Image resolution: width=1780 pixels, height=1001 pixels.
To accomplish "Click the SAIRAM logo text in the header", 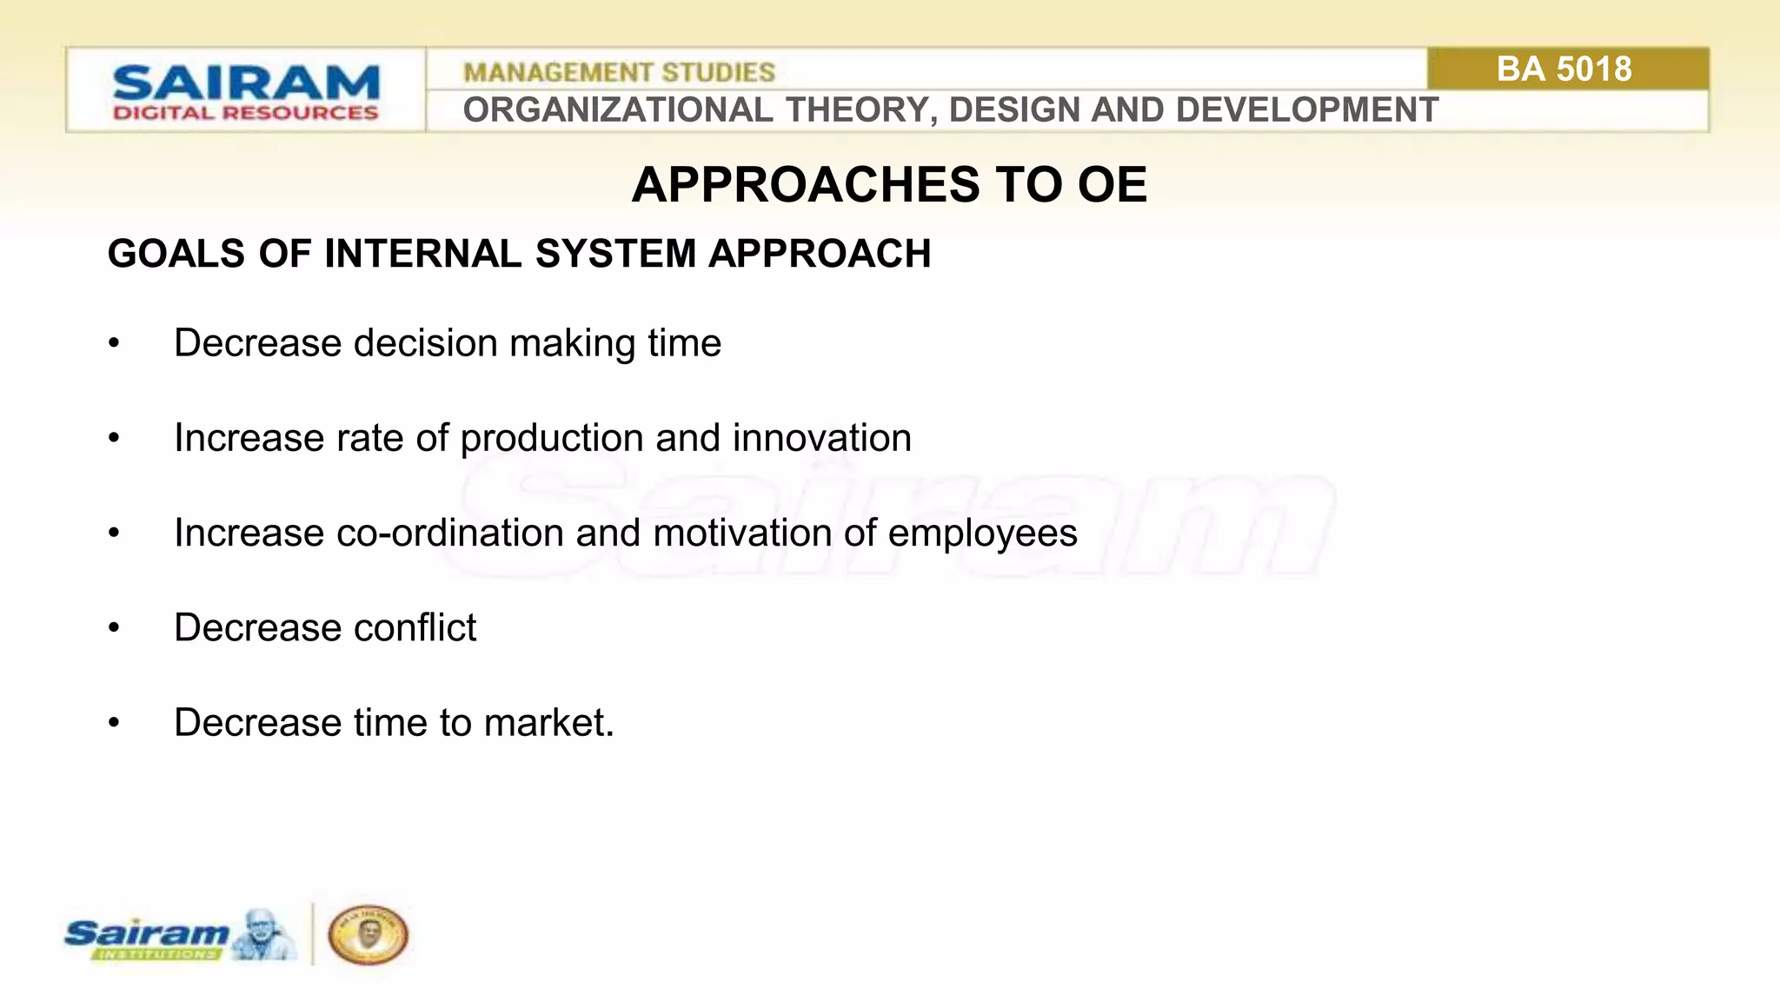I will click(246, 83).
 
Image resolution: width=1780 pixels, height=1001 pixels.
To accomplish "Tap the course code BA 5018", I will click(1564, 69).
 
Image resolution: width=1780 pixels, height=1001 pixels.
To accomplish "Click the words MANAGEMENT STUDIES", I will click(619, 72).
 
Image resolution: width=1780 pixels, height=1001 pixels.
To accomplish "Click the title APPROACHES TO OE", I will click(889, 184).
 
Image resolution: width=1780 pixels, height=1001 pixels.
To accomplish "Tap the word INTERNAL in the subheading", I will click(423, 254).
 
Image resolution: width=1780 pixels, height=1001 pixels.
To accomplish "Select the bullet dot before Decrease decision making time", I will click(114, 344).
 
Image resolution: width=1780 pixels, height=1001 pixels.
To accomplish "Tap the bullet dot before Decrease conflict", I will click(114, 628).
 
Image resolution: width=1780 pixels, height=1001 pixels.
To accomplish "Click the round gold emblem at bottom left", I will click(368, 935).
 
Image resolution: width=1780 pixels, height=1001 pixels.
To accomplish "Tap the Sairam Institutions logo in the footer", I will click(178, 936).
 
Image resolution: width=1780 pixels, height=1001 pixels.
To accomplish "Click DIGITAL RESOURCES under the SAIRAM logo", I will click(246, 113).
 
